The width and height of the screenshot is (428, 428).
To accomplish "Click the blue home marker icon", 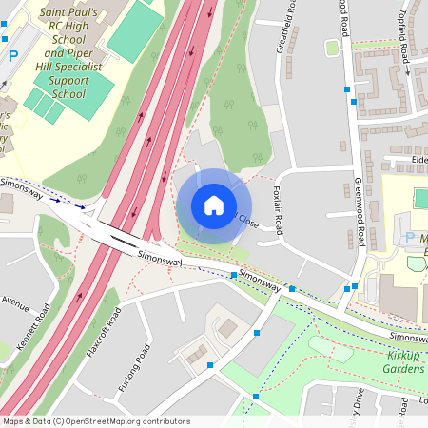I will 214,205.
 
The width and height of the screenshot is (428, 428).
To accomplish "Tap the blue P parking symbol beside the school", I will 13,57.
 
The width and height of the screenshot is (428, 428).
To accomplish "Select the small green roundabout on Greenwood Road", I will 332,48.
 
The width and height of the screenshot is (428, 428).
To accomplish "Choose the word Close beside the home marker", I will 246,222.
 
